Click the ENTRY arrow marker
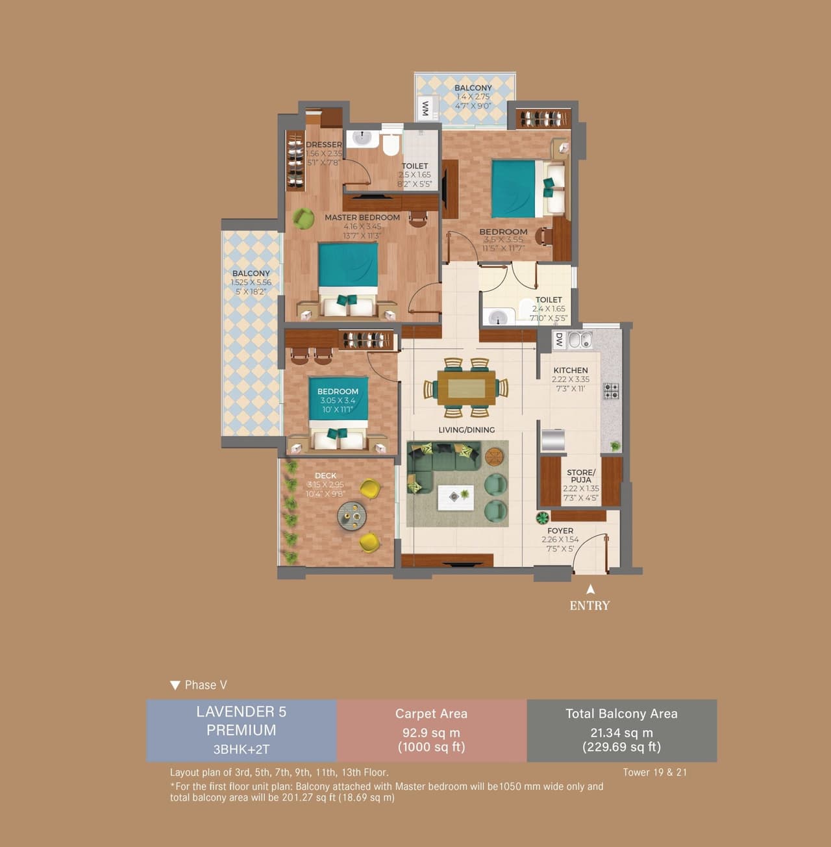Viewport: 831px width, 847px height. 590,590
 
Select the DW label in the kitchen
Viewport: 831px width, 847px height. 558,340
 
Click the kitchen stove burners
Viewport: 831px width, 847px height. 612,391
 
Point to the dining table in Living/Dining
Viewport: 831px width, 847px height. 466,388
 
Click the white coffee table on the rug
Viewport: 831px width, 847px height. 455,497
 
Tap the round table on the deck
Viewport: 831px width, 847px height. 352,517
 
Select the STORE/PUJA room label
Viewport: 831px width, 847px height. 580,476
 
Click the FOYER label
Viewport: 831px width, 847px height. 560,531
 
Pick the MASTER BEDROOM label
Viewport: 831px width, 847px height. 362,218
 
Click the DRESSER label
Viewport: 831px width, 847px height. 323,145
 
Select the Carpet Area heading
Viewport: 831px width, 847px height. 431,714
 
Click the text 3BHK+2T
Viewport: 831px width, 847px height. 242,749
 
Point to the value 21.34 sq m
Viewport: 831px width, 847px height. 621,733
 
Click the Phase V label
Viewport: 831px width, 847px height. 205,685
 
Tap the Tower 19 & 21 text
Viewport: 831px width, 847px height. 654,772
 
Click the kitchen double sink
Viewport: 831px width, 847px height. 580,339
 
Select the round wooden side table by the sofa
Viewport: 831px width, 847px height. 494,457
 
